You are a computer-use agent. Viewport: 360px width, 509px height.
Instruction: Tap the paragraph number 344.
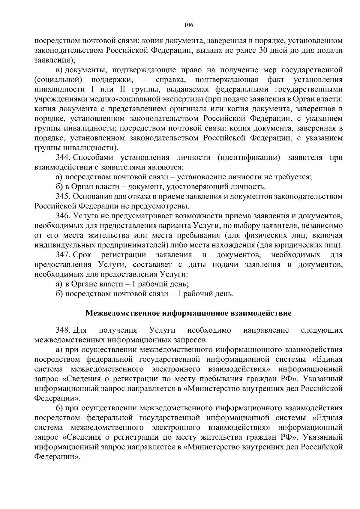click(x=63, y=158)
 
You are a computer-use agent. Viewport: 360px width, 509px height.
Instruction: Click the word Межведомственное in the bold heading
click(x=123, y=314)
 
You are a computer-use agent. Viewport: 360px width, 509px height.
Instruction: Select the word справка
click(x=171, y=80)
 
